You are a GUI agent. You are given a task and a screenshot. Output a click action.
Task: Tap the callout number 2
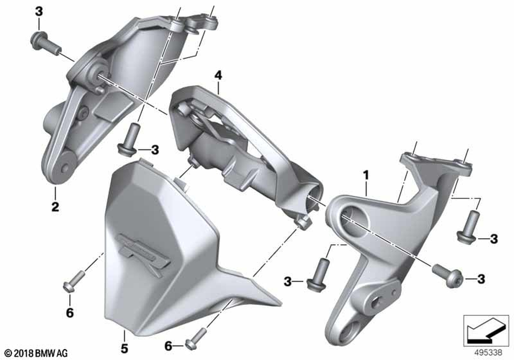(55, 207)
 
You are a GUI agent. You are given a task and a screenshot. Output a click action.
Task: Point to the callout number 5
(124, 349)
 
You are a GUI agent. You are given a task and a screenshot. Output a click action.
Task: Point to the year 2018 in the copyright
(24, 353)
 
